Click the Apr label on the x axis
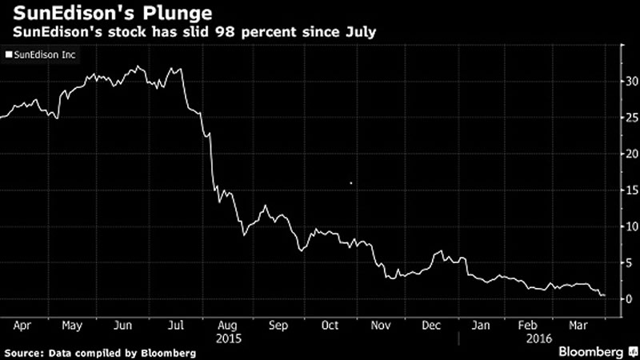tap(22, 326)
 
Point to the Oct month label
tap(330, 326)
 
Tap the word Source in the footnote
tap(23, 352)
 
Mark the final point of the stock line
tap(604, 295)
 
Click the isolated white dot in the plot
tap(351, 183)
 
